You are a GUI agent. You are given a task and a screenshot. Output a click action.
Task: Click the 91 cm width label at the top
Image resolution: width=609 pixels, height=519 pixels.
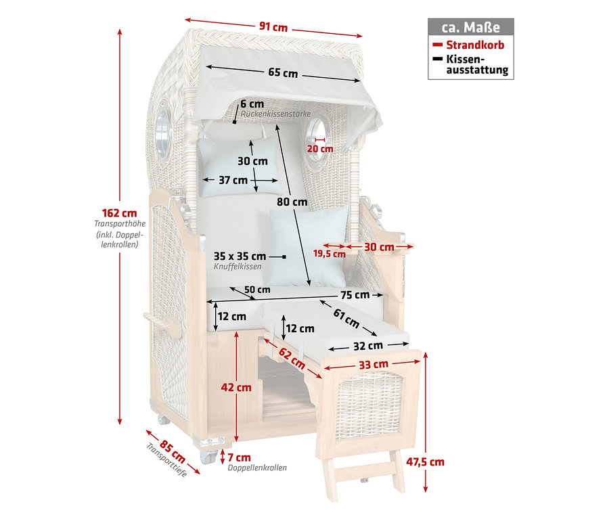273,27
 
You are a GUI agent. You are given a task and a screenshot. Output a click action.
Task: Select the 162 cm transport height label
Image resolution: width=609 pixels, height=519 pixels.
120,213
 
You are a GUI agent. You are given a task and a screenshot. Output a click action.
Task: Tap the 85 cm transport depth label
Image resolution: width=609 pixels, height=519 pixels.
173,451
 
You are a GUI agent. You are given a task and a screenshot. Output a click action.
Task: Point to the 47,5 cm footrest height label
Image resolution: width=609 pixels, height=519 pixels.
426,462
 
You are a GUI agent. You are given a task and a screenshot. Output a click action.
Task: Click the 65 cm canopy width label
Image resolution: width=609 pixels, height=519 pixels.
283,73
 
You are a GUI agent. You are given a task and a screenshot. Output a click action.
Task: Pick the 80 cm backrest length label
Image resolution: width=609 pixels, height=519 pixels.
292,202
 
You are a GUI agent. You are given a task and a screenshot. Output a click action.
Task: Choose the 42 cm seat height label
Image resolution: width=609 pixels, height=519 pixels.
236,387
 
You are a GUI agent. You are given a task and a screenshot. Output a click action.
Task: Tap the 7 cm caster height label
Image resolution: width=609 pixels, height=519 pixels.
240,457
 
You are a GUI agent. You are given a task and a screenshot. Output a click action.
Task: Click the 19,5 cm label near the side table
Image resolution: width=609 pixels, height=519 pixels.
330,254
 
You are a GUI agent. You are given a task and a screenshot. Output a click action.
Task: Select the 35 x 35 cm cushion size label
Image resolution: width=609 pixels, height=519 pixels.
240,256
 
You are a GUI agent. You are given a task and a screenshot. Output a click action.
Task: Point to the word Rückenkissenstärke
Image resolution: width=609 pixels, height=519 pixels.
276,114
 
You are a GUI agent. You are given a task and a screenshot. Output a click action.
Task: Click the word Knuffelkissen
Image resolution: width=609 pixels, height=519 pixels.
238,267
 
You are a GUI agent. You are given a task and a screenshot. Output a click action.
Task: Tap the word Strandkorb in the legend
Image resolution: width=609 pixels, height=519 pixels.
475,45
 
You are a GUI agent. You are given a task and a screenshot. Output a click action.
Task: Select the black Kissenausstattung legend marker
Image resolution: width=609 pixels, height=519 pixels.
438,59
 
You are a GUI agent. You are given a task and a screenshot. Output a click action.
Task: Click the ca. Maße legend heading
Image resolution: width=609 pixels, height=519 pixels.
471,27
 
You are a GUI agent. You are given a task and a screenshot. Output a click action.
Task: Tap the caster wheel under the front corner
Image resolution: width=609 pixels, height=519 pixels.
208,457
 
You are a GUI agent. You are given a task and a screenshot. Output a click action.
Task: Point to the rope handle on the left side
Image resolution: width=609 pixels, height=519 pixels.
162,323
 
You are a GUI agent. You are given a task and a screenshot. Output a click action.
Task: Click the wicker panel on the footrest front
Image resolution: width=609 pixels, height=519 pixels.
369,405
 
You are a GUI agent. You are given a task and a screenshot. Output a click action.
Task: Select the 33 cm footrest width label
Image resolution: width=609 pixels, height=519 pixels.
374,365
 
